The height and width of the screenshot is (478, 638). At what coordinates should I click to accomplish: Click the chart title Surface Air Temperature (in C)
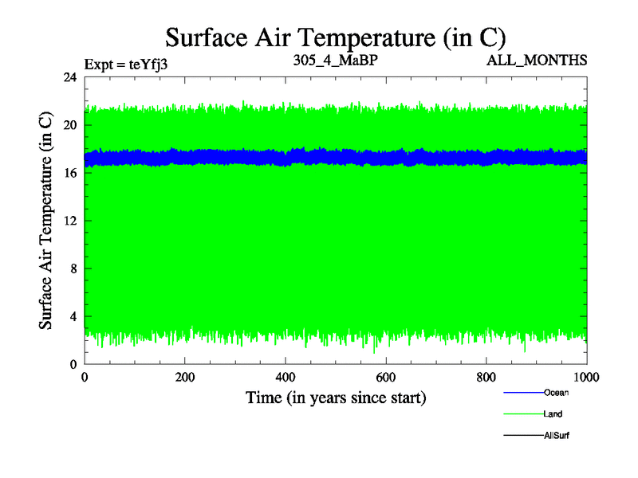[x=335, y=37]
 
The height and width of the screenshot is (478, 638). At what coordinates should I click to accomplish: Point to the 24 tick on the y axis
[x=69, y=77]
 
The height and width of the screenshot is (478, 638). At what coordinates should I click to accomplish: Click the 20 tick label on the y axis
[x=69, y=125]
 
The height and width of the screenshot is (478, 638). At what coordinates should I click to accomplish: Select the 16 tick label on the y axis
[x=69, y=173]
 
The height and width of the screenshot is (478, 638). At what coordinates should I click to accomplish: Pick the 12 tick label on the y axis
[x=69, y=221]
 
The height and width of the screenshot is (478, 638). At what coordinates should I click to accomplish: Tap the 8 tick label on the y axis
[x=73, y=268]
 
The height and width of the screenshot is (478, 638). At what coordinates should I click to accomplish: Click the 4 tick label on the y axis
[x=73, y=316]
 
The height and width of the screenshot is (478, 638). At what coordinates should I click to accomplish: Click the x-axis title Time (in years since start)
[x=336, y=398]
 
